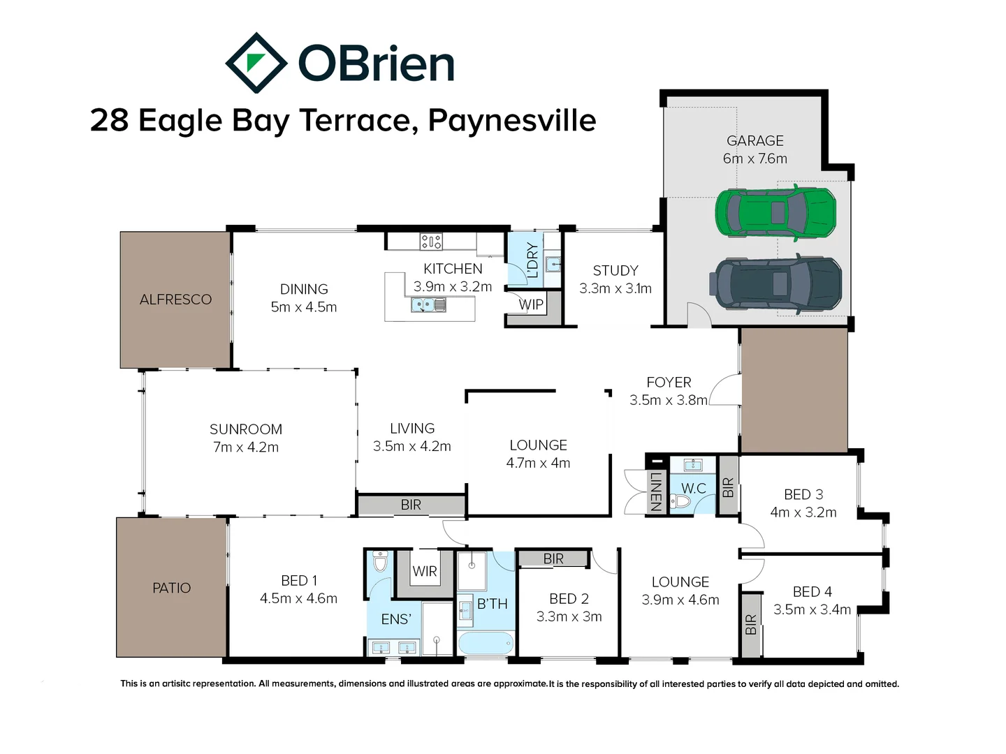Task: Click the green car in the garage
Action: (775, 212)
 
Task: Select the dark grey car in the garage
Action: (777, 284)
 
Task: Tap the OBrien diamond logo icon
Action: (256, 63)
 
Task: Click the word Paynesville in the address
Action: (511, 120)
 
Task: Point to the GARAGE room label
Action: (754, 141)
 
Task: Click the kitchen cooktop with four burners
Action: (430, 242)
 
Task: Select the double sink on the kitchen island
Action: (428, 304)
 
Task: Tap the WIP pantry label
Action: (531, 304)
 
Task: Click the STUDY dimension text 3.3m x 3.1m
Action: (615, 288)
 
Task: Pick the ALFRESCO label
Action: (175, 300)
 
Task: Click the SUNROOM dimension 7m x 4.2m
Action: (245, 448)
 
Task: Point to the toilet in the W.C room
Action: (682, 501)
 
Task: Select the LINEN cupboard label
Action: (655, 491)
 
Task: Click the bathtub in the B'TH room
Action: (486, 642)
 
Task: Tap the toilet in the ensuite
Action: (380, 562)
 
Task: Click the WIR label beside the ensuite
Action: (424, 571)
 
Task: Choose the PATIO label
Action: (171, 588)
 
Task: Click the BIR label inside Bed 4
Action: (751, 624)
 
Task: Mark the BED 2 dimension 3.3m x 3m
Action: (569, 616)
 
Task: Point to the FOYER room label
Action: (669, 383)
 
